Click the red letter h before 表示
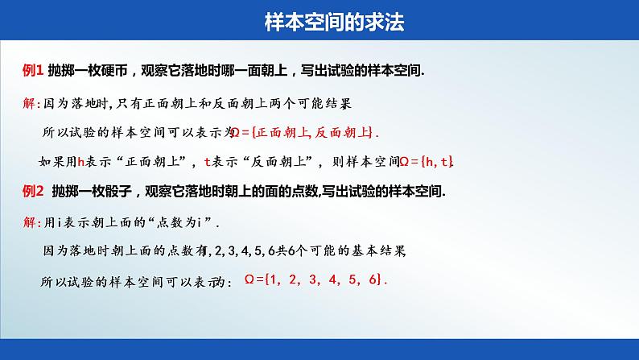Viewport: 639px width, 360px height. [80, 162]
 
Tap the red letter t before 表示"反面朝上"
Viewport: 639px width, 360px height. [208, 162]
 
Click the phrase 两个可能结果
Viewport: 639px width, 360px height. [312, 103]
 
